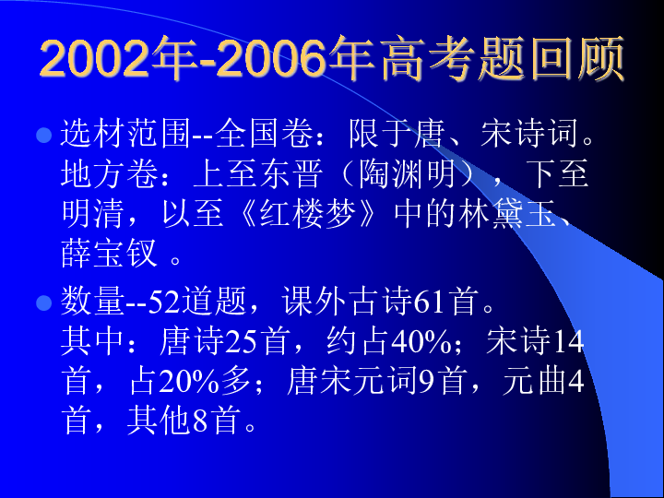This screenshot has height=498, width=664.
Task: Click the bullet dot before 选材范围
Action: click(41, 135)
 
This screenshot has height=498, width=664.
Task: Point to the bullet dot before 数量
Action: click(41, 302)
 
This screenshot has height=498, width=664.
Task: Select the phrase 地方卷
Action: click(109, 174)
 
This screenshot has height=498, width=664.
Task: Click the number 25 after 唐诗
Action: click(241, 342)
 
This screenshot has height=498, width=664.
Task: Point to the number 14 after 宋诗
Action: click(570, 342)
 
